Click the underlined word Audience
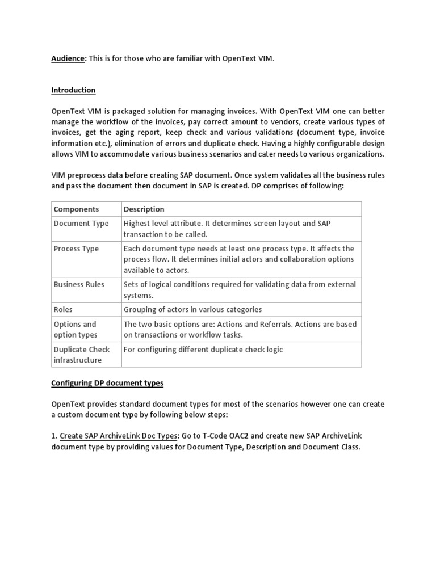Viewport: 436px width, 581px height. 68,59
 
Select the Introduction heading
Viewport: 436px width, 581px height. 73,90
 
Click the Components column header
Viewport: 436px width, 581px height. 76,209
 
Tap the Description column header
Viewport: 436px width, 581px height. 144,209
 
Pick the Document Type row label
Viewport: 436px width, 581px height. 81,224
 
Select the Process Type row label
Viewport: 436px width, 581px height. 76,249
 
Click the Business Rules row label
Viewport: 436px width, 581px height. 79,284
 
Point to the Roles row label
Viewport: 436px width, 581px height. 63,310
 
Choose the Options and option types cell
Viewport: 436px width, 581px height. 75,330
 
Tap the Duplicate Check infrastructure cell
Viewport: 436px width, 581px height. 81,355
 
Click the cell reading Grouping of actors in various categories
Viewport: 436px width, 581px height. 193,310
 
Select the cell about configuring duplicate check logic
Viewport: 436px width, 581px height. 203,350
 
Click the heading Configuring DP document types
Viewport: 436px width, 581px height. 107,384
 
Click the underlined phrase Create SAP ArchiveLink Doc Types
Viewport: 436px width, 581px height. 119,435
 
